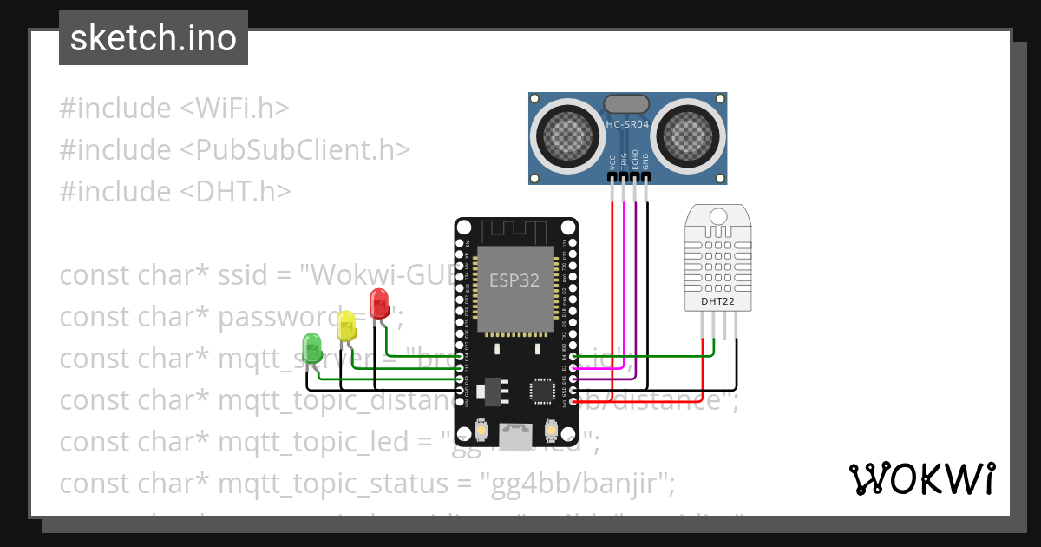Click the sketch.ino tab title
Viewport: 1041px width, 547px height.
[153, 38]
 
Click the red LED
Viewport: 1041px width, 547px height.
[379, 304]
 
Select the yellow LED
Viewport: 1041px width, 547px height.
[346, 326]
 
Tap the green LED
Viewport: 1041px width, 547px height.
[311, 347]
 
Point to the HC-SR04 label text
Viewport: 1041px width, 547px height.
[627, 125]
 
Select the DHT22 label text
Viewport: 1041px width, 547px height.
[717, 302]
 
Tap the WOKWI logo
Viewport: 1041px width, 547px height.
[921, 478]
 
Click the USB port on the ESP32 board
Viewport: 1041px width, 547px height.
[517, 437]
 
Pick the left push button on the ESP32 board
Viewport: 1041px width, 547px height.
[482, 431]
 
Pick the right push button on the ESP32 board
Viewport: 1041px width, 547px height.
[551, 431]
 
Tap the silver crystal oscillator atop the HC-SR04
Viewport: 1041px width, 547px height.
[626, 103]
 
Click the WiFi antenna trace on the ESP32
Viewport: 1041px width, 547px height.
[516, 232]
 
